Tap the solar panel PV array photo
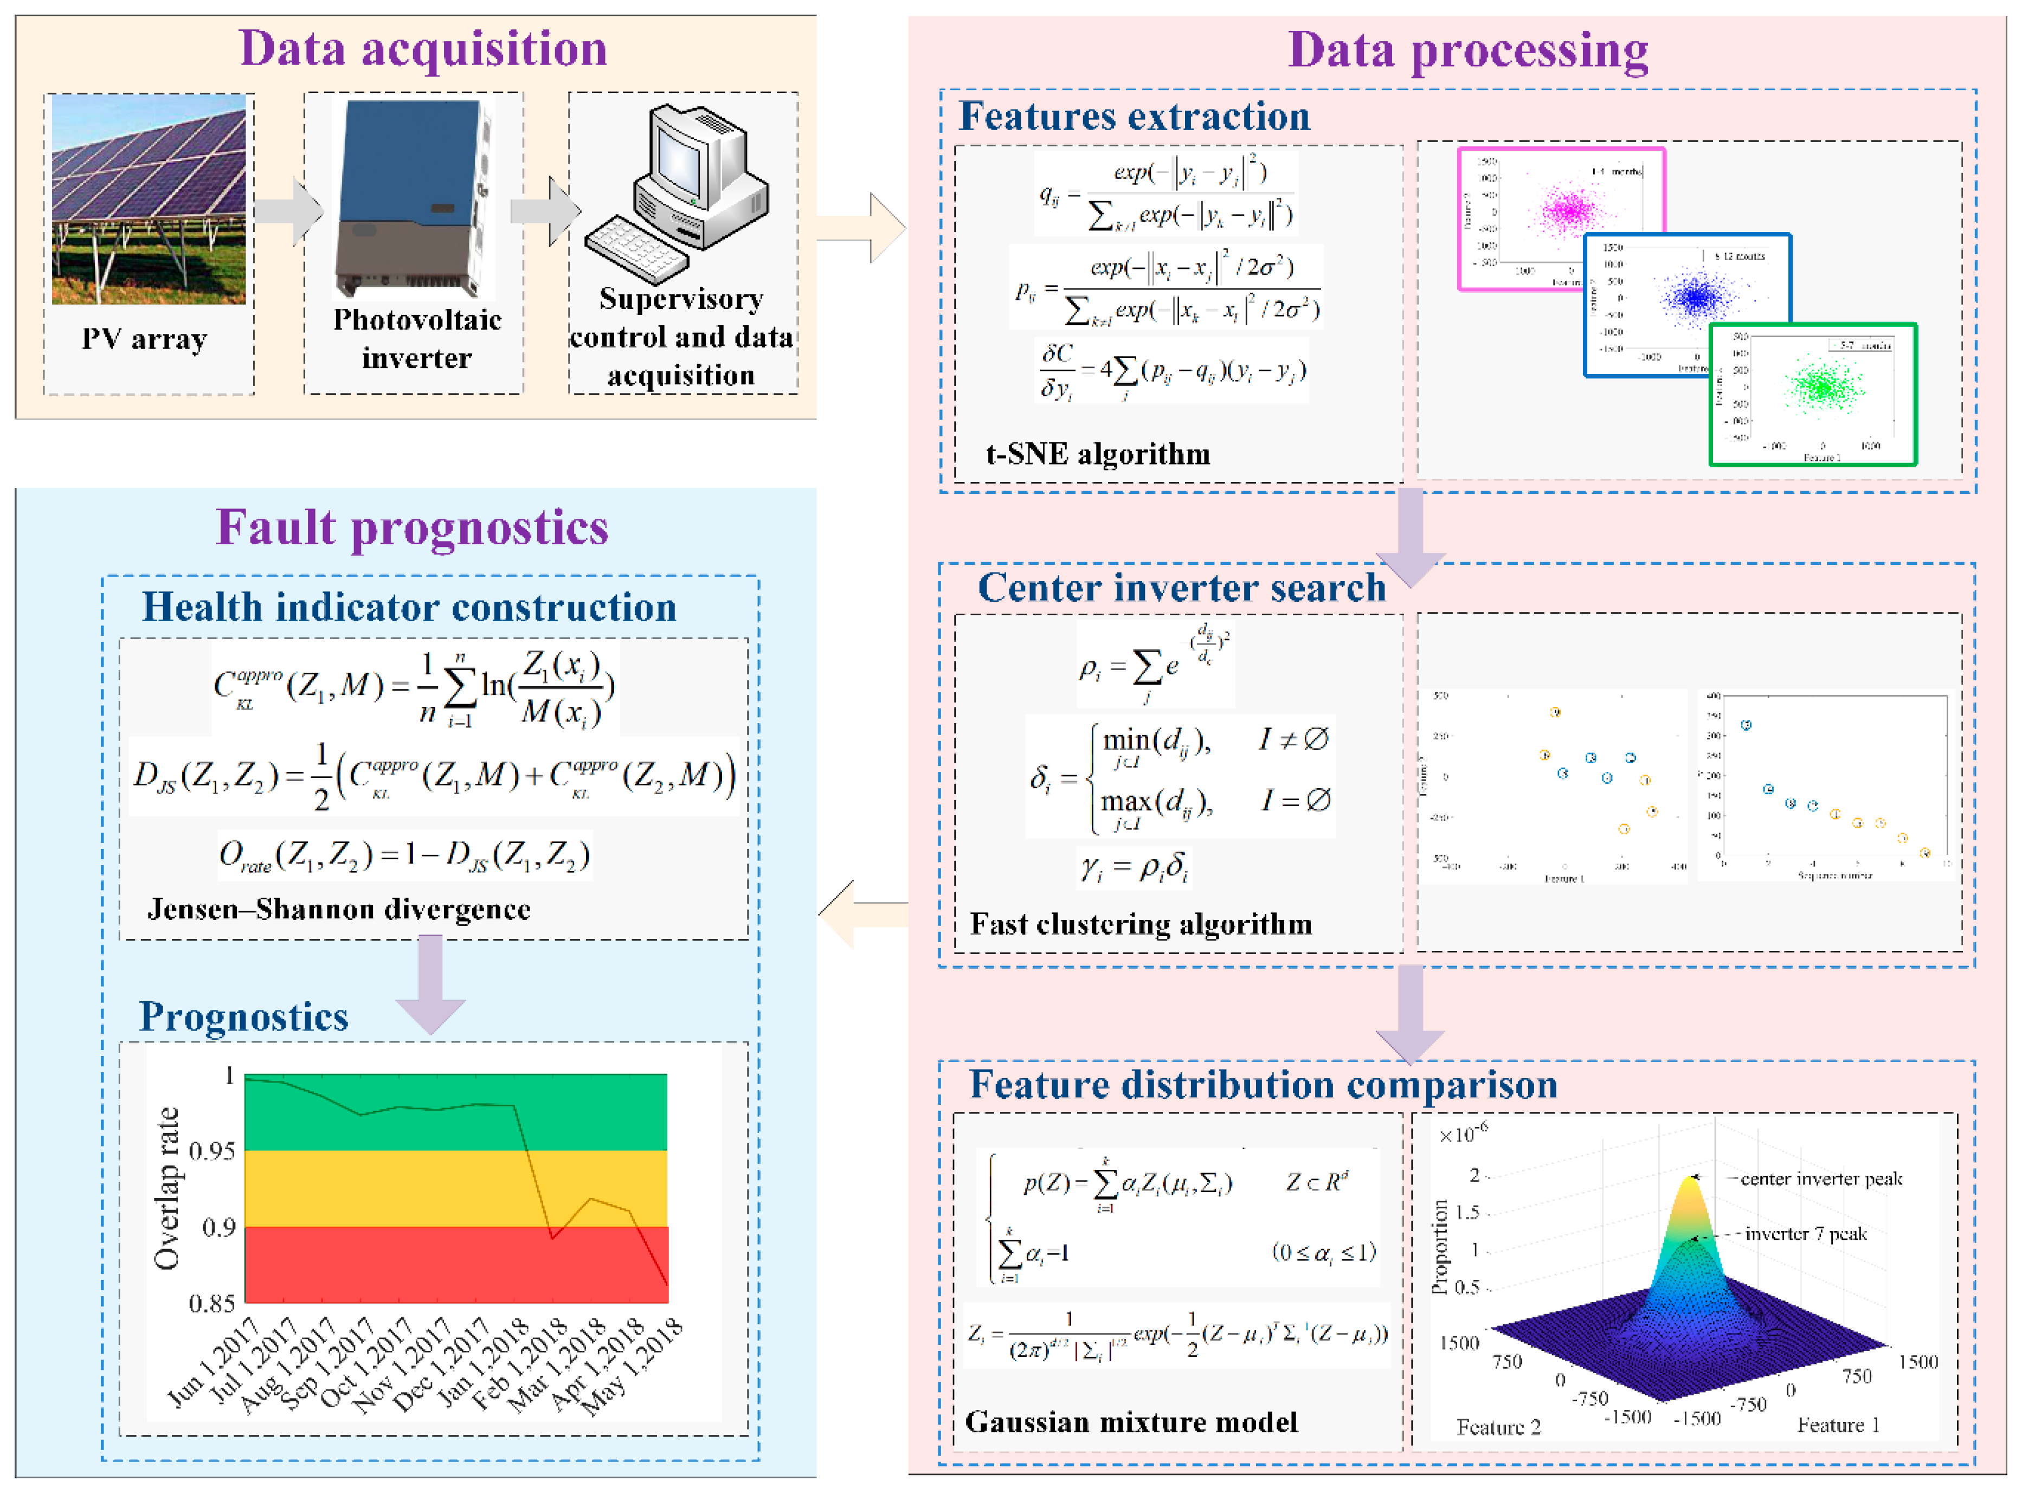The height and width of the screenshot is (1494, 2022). (x=149, y=199)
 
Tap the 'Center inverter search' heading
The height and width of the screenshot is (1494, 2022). (x=1181, y=588)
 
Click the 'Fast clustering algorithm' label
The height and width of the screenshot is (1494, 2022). (x=1141, y=924)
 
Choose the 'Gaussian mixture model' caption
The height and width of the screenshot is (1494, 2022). (x=1130, y=1422)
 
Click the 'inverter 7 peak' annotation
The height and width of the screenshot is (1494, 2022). (x=1805, y=1234)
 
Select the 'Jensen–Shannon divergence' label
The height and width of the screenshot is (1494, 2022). (x=339, y=909)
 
